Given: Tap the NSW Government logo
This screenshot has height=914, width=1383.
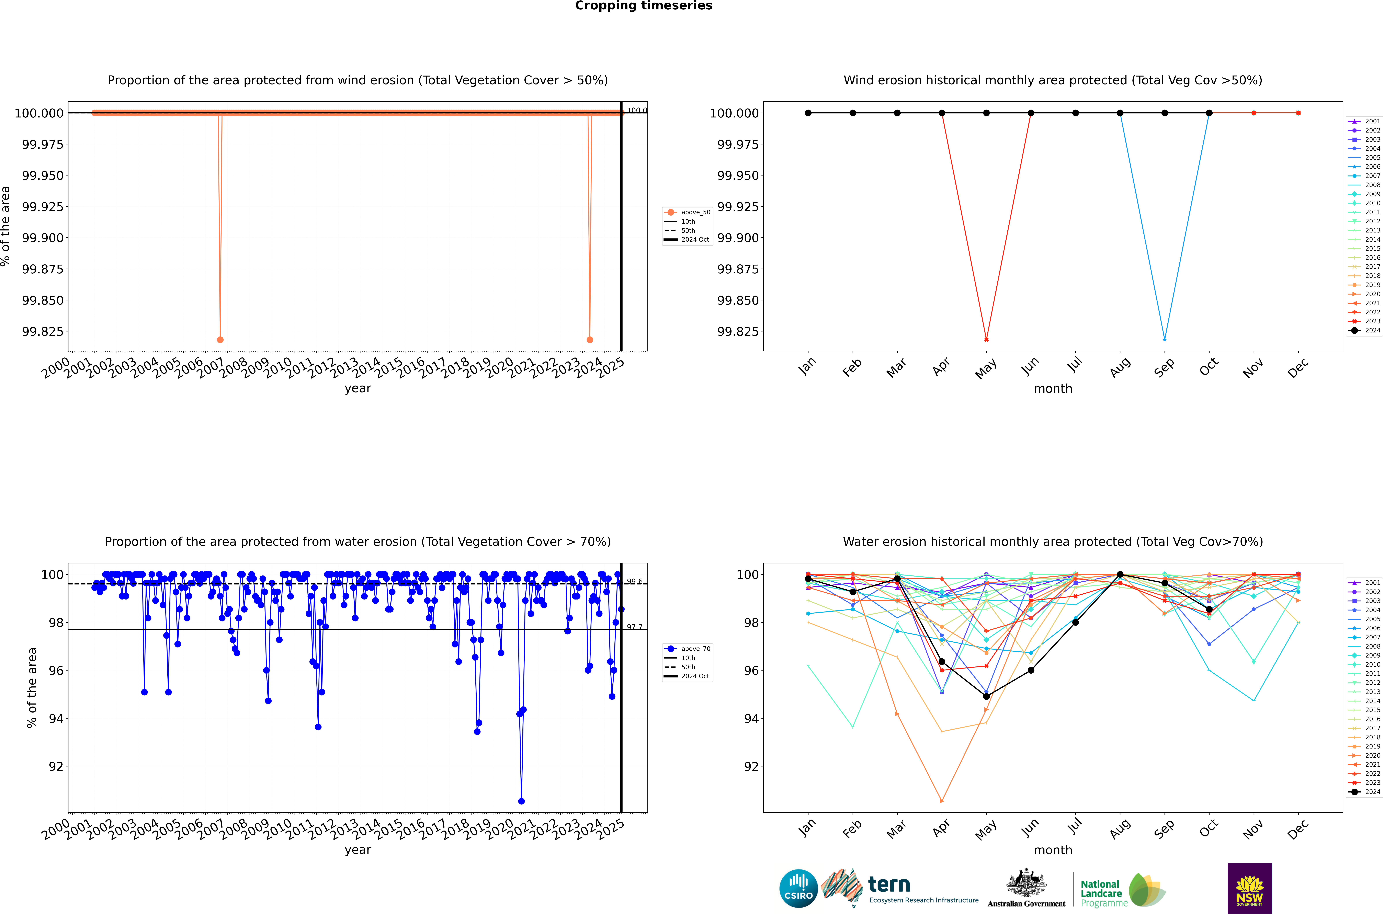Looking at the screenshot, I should pyautogui.click(x=1250, y=888).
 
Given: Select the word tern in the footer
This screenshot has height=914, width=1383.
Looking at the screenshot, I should pyautogui.click(x=889, y=884).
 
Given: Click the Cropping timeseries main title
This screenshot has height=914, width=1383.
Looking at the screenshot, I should pyautogui.click(x=643, y=6).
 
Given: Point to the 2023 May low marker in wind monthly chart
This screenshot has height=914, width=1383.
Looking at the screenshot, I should pyautogui.click(x=986, y=339).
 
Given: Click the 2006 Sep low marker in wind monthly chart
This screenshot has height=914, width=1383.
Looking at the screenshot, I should pyautogui.click(x=1164, y=339).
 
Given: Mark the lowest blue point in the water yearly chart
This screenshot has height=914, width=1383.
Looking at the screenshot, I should pyautogui.click(x=521, y=801).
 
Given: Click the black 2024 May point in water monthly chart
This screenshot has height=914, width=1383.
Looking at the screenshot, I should pyautogui.click(x=986, y=696).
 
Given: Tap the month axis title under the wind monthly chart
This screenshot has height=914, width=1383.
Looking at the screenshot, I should pyautogui.click(x=1053, y=389).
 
